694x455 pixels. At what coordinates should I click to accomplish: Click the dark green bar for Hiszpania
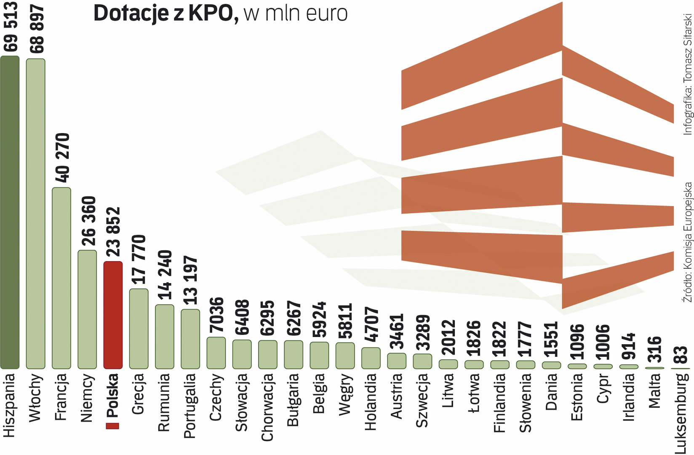10,211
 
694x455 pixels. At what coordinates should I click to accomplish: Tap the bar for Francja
61,278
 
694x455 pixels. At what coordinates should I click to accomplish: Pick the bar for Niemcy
87,309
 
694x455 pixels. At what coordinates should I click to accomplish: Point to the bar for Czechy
216,353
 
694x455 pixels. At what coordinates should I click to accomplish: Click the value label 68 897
37,29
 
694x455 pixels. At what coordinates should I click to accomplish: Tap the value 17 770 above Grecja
139,260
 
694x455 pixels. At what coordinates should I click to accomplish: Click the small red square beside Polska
112,426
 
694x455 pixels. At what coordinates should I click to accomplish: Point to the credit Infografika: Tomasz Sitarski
687,74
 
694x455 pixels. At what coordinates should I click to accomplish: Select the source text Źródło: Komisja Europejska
687,242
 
